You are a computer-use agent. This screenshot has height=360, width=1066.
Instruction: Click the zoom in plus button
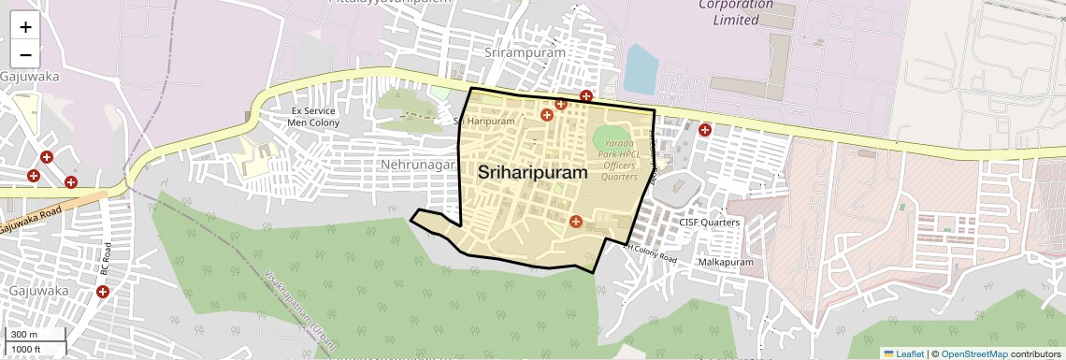[25, 27]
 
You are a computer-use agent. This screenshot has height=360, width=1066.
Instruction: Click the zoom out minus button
[25, 53]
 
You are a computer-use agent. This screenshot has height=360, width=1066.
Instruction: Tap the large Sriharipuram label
[533, 172]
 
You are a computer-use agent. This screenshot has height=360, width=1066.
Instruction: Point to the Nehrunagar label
[418, 165]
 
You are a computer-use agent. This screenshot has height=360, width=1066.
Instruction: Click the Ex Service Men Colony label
[312, 117]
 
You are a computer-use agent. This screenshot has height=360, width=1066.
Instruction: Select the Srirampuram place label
[526, 53]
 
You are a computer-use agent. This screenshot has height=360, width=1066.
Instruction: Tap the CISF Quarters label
[710, 223]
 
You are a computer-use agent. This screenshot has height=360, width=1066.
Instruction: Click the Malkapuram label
[726, 263]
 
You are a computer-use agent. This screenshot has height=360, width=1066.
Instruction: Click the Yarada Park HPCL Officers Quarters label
[619, 160]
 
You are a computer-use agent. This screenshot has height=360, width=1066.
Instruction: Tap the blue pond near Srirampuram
[641, 69]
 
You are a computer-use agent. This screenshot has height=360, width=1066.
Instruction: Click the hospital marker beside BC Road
[103, 292]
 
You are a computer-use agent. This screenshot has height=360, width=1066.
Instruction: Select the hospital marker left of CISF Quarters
[575, 222]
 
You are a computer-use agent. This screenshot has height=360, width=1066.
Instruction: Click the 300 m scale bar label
[24, 335]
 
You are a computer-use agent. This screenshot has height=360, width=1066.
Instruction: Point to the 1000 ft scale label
[26, 349]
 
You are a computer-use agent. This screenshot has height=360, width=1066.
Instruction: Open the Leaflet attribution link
[903, 353]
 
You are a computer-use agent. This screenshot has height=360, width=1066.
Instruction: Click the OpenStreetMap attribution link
[973, 353]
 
